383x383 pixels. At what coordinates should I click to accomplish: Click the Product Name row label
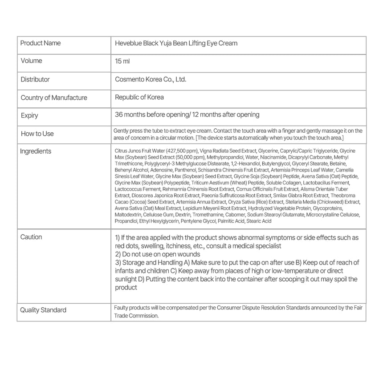[41, 43]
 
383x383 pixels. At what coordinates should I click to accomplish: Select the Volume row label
[31, 61]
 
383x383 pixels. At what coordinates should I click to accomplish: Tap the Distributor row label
[35, 79]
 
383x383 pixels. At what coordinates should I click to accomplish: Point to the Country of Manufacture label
[54, 98]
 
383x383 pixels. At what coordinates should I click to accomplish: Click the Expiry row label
[29, 115]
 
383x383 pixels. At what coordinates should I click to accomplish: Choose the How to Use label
[37, 134]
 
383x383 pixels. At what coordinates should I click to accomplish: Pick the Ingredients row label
[36, 151]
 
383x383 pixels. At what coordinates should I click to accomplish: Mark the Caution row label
[31, 237]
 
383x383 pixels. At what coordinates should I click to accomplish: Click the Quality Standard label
[43, 310]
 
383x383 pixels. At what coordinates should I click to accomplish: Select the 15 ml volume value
[122, 61]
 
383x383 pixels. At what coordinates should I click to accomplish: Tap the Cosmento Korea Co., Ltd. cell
[151, 79]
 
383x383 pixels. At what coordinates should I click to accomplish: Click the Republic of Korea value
[139, 97]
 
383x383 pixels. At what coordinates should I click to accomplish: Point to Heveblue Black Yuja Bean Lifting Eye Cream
[176, 43]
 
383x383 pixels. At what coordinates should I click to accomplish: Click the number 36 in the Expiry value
[118, 114]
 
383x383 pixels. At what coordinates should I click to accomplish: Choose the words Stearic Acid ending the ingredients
[259, 221]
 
